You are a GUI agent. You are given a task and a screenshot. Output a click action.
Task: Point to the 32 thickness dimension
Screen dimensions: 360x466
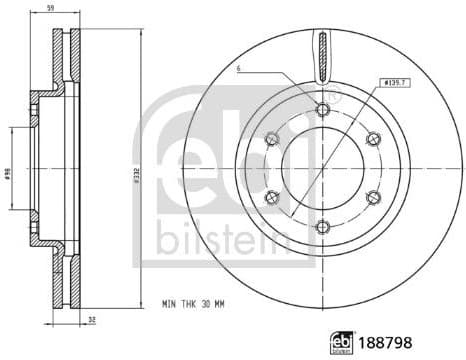coord(93,319)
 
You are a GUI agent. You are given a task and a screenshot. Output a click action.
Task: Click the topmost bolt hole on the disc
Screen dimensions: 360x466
coord(321,111)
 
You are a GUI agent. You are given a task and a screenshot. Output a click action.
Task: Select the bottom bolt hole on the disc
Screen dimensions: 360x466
coord(321,227)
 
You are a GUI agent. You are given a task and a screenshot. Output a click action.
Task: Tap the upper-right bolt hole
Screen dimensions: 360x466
coord(372,140)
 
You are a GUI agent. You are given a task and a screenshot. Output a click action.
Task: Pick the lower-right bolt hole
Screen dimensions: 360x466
coord(372,198)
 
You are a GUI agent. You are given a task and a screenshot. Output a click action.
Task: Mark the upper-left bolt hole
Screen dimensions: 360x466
coord(271,140)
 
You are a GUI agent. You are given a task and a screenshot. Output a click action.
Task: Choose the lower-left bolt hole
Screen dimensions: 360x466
coord(271,198)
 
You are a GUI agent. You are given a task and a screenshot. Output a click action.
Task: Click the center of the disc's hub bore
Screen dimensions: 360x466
coord(321,169)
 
